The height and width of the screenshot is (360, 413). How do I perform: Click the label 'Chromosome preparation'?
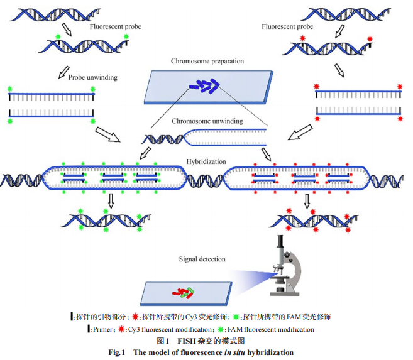click(207, 62)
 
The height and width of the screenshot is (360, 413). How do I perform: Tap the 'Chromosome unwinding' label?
click(207, 121)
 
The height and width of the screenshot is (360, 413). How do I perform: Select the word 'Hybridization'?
click(206, 161)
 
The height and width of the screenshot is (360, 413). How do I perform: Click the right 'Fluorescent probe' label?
click(287, 26)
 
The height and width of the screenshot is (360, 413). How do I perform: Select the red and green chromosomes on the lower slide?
click(185, 291)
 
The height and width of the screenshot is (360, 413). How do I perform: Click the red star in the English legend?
click(121, 329)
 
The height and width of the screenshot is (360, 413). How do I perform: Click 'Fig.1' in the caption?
click(118, 352)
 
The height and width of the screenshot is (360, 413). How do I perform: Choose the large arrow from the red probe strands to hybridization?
click(300, 133)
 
